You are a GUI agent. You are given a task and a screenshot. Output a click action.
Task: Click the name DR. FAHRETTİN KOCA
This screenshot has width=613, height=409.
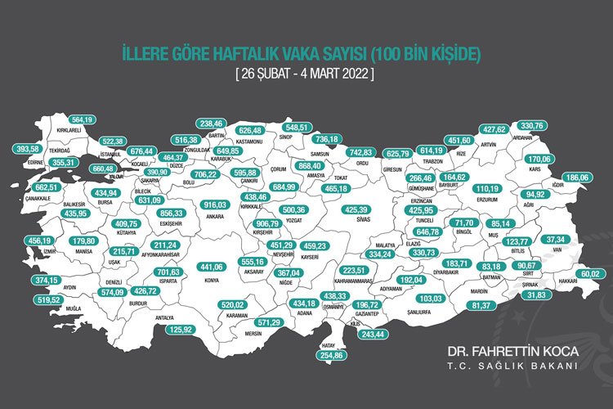(512, 351)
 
